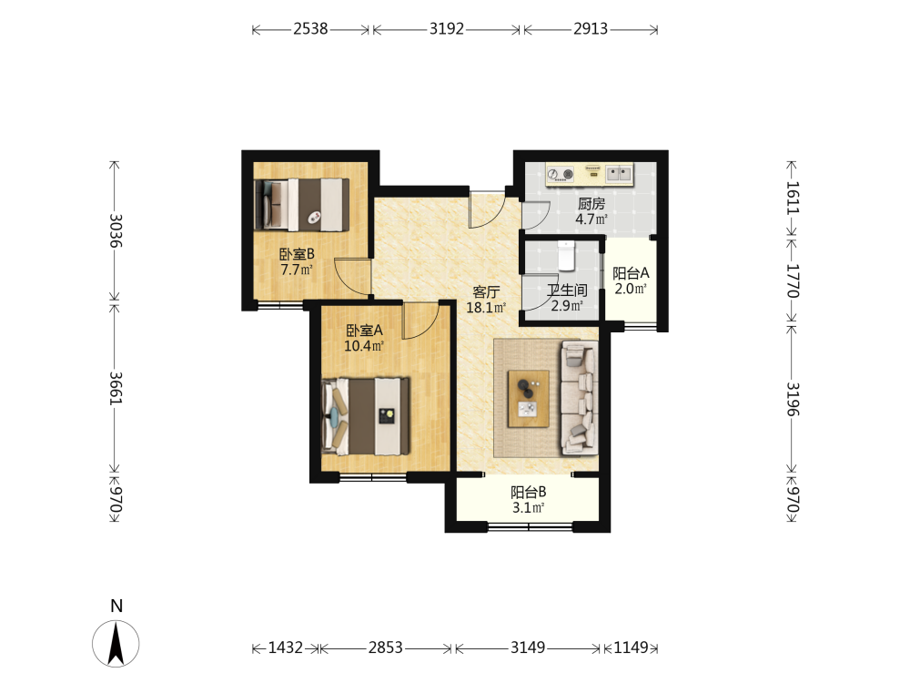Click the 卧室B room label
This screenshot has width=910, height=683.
coord(297,254)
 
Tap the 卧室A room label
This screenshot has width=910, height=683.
coord(365,331)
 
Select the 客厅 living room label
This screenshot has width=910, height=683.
coord(486,292)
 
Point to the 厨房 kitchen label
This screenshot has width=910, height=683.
coord(591,204)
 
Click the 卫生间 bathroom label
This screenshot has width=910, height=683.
coord(567,291)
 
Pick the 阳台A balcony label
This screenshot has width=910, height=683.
coord(631,273)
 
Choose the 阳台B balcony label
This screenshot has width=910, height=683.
coord(528,493)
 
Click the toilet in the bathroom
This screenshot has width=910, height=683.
coord(566,256)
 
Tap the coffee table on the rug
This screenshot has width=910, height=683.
coord(528,399)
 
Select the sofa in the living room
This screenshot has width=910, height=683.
coord(579,398)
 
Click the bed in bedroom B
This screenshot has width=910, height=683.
coord(302,205)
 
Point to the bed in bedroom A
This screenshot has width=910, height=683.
coord(366,416)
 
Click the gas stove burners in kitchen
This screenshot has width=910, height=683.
coord(561,174)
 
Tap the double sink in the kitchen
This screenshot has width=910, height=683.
coord(619,173)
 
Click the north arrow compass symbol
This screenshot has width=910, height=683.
coord(116,643)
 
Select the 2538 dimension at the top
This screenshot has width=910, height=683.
coord(310,28)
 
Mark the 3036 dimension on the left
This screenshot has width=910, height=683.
coord(116,230)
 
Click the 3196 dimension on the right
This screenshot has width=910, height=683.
coord(794,399)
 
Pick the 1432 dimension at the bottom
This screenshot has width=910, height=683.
coord(286,647)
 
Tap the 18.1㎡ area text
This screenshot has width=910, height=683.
coord(486,308)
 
